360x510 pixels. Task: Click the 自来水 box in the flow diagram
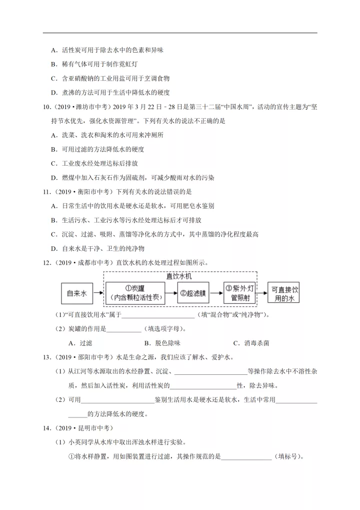coord(77,294)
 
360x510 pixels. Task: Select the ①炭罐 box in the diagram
coord(136,294)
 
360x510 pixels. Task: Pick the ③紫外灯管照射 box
coord(240,294)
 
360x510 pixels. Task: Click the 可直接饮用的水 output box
coord(284,294)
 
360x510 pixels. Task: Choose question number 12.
coord(47,262)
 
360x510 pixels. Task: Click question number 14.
coord(47,428)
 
